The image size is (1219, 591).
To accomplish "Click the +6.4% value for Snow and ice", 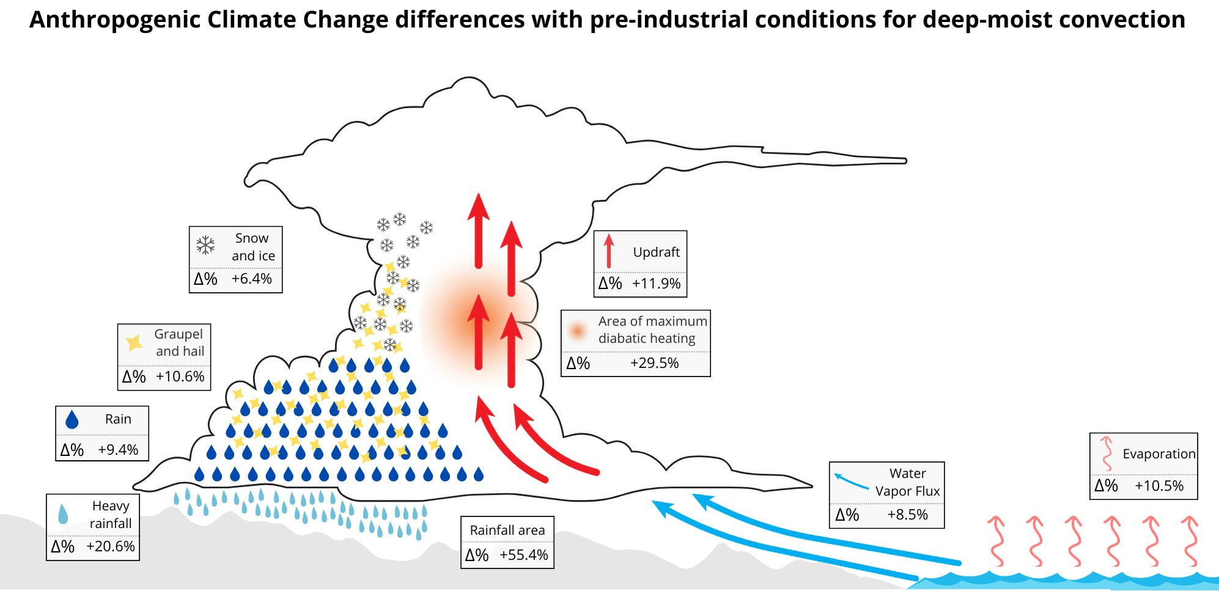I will [x=251, y=279].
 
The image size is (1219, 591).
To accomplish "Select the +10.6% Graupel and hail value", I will [x=180, y=376].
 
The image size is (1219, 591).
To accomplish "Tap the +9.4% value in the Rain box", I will [x=118, y=450].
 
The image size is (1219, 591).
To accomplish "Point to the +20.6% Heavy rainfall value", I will [x=111, y=546].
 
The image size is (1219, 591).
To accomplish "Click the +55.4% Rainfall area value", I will [x=524, y=555].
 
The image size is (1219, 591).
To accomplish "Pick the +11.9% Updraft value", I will [x=656, y=284].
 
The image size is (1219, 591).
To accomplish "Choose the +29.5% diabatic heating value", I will [x=654, y=363].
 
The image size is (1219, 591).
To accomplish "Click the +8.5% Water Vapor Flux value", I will [x=907, y=515].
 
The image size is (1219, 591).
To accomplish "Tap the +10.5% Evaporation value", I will [x=1159, y=486].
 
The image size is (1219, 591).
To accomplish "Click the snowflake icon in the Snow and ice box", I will [x=205, y=246].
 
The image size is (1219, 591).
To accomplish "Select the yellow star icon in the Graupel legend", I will [x=134, y=342].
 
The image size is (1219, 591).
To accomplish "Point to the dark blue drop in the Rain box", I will [x=72, y=419].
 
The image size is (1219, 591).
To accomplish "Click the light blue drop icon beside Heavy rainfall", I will [x=63, y=515].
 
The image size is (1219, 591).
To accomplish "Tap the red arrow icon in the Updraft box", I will [x=608, y=251].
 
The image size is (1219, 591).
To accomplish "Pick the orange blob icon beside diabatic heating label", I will [x=577, y=330].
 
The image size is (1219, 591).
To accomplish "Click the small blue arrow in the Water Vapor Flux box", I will [x=850, y=482].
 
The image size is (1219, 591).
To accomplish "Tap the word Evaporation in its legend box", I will [x=1158, y=454].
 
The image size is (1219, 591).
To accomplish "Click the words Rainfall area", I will [x=507, y=530].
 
